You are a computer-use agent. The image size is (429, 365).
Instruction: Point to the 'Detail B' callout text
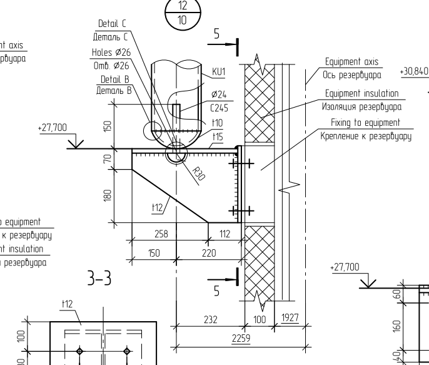pos(114,80)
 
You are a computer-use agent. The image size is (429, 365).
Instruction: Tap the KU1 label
pos(218,73)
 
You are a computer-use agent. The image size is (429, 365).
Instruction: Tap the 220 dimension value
pos(208,253)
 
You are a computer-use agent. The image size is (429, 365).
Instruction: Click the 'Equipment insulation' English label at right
pos(361,93)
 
